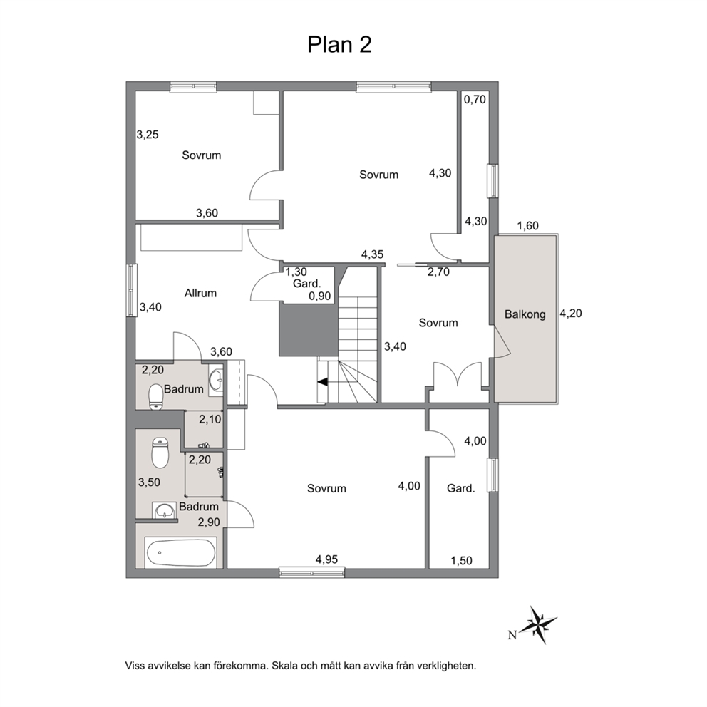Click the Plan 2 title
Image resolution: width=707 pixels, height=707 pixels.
(339, 45)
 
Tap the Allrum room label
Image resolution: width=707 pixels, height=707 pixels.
(200, 293)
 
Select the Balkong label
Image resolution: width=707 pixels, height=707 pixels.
(525, 314)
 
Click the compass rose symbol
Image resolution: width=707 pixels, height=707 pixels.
(538, 624)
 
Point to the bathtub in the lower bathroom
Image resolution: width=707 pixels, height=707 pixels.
(180, 552)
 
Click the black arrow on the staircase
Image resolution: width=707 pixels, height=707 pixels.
(323, 382)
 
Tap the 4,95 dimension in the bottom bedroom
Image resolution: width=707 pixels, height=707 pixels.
(326, 559)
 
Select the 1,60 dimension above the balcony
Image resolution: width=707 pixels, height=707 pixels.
(527, 225)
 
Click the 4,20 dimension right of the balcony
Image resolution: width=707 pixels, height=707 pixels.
(571, 313)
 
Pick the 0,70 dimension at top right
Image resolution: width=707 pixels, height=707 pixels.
(475, 99)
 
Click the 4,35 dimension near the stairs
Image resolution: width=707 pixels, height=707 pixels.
(373, 254)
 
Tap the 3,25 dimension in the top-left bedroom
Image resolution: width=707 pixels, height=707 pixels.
(148, 135)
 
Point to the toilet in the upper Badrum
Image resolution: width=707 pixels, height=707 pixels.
(156, 396)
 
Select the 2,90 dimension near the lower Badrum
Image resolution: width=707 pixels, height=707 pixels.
(209, 522)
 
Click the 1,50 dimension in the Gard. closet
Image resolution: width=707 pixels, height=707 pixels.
(461, 560)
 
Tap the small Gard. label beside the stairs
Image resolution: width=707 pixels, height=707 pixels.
(307, 284)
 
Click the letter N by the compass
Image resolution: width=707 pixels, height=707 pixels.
(512, 635)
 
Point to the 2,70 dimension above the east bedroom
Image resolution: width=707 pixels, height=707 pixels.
(438, 272)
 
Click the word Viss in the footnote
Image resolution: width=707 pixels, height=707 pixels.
(135, 666)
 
